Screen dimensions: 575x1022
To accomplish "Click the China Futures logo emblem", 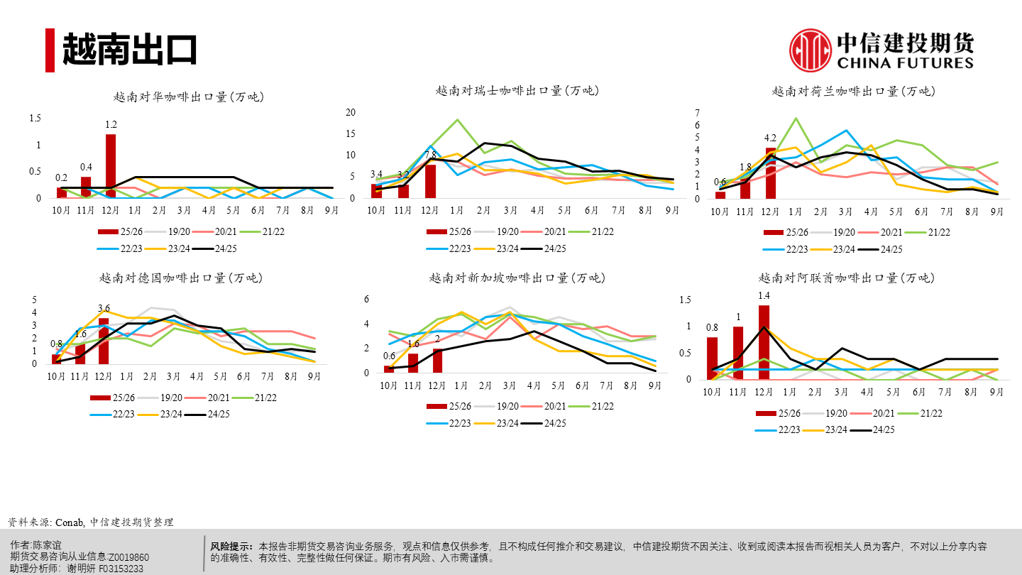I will [810, 50].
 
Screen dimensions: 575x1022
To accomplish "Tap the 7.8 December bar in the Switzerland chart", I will [430, 181].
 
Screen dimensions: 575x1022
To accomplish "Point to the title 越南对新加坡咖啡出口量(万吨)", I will [517, 278].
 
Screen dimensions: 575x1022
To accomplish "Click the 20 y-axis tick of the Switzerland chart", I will [349, 112].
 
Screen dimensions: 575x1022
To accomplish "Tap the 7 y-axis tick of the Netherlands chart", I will [698, 114].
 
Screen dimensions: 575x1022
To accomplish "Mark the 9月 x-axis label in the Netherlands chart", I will [996, 212].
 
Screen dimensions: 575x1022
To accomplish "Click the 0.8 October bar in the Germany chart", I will [56, 359].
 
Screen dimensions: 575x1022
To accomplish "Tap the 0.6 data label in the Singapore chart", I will [389, 356].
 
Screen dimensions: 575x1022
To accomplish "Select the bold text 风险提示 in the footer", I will [231, 547].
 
